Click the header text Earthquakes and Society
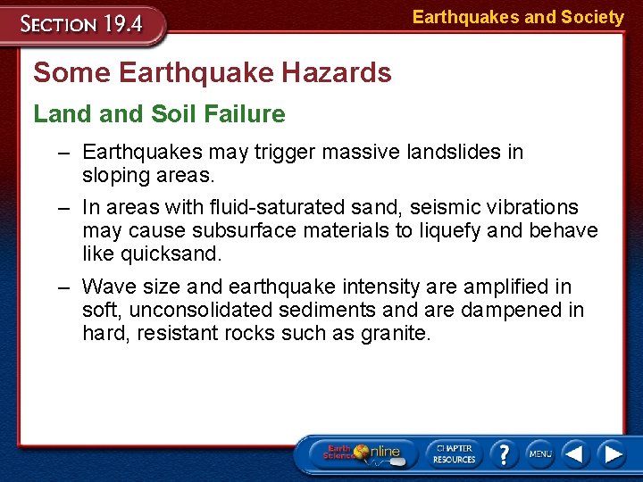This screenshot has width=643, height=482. pyautogui.click(x=518, y=17)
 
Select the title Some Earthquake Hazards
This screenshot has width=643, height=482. pyautogui.click(x=213, y=72)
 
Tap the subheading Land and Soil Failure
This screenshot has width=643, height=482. pyautogui.click(x=160, y=114)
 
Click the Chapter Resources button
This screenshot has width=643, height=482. pyautogui.click(x=454, y=454)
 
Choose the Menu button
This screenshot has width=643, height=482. pyautogui.click(x=539, y=454)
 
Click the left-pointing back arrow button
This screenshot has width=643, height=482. pyautogui.click(x=576, y=454)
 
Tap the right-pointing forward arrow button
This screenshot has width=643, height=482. pyautogui.click(x=612, y=454)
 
